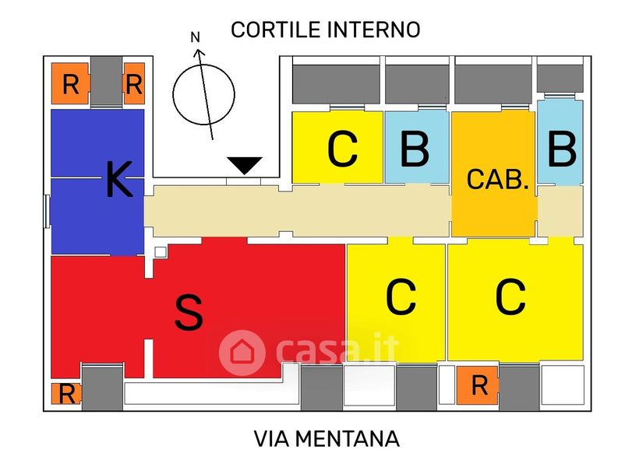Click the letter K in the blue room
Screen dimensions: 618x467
click(x=119, y=180)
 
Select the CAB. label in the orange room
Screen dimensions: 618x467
click(x=497, y=179)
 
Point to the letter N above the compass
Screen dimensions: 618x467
click(x=195, y=37)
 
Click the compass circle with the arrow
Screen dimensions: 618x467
click(x=203, y=94)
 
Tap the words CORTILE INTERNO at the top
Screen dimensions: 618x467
click(x=326, y=30)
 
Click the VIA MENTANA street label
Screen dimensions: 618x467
click(x=327, y=439)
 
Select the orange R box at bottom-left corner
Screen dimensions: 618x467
click(x=66, y=393)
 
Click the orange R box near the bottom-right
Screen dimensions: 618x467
click(x=478, y=385)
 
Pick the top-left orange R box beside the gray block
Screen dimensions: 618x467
click(x=70, y=83)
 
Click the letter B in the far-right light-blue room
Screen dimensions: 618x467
click(x=562, y=149)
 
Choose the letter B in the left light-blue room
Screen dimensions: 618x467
click(x=415, y=149)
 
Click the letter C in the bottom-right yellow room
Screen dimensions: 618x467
click(x=510, y=297)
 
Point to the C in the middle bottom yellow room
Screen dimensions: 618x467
click(x=401, y=297)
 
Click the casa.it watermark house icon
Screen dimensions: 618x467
click(x=242, y=353)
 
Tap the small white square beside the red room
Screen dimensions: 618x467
click(x=161, y=252)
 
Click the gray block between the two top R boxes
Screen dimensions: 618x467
click(x=107, y=81)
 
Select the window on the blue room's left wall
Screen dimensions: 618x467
click(x=47, y=211)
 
